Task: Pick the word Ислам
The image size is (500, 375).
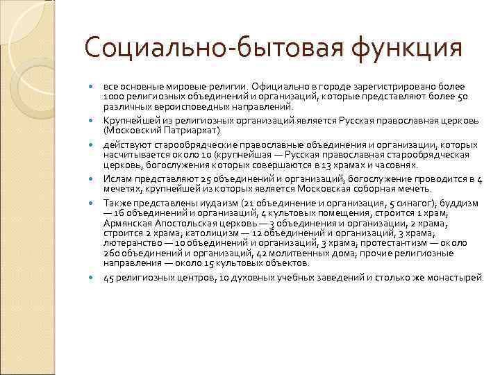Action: [x=115, y=178]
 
